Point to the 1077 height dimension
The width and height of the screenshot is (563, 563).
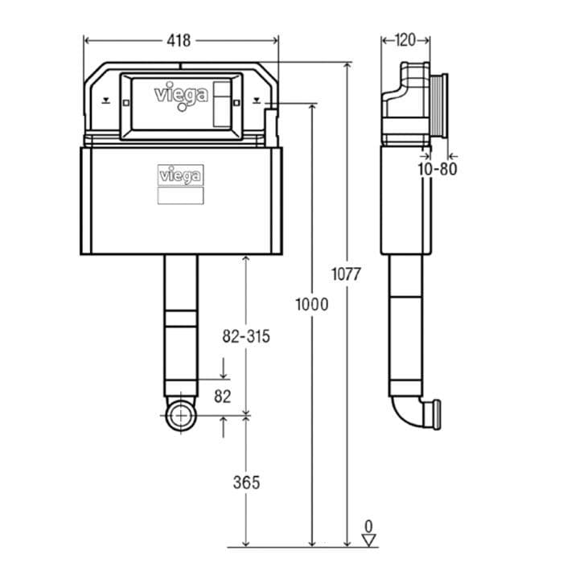click(346, 273)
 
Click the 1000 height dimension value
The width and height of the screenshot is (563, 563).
click(311, 304)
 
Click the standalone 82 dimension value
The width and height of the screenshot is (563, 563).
click(223, 396)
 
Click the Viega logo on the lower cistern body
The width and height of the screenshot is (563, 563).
click(179, 175)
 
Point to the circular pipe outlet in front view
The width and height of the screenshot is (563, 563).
click(181, 417)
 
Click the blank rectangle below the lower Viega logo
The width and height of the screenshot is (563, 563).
click(179, 195)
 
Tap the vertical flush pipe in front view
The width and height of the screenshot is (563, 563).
click(180, 322)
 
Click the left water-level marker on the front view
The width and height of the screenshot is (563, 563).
click(105, 102)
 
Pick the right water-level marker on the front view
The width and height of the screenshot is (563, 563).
click(257, 102)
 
